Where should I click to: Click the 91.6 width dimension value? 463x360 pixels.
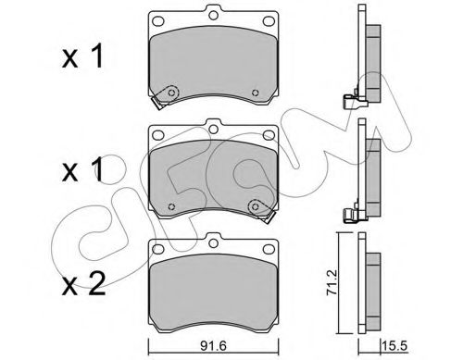point(213,346)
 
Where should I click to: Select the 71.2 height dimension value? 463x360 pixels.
point(332,282)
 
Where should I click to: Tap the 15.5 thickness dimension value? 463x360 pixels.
point(394,346)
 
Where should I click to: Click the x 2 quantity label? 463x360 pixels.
point(83,284)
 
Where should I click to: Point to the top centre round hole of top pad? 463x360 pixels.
point(213,15)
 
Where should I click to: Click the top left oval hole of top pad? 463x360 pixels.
point(158,21)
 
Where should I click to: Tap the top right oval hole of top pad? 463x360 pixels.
point(269,21)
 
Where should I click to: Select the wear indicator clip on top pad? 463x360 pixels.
point(165,96)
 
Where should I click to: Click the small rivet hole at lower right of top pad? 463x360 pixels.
point(255,93)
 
